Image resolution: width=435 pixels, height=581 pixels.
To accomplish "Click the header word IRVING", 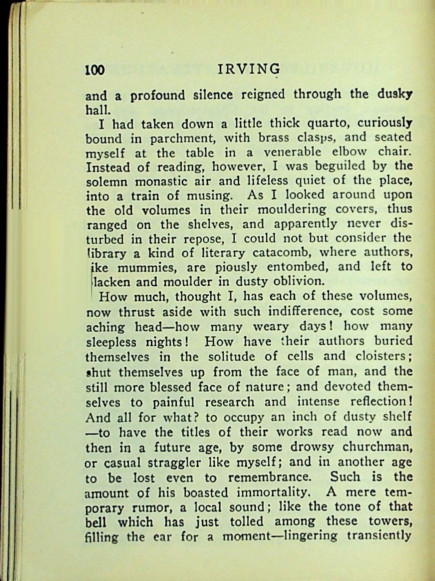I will (x=249, y=69).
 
